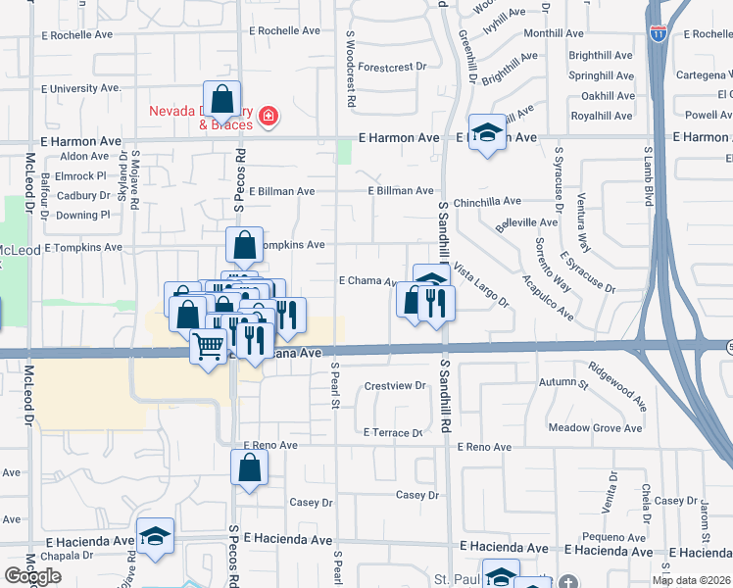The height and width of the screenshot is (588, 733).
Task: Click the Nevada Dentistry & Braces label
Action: (x=201, y=118)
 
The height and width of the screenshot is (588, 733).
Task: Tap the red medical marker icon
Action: (x=268, y=119)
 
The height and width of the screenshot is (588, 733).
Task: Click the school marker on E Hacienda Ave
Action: (x=155, y=536)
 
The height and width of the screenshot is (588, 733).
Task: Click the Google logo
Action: (x=32, y=576)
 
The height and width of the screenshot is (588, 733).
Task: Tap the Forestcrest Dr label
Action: (x=394, y=67)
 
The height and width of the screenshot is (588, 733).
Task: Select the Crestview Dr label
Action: (x=395, y=385)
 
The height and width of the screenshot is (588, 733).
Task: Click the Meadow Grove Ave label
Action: (x=596, y=427)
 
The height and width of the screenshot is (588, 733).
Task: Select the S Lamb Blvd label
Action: (x=648, y=176)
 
